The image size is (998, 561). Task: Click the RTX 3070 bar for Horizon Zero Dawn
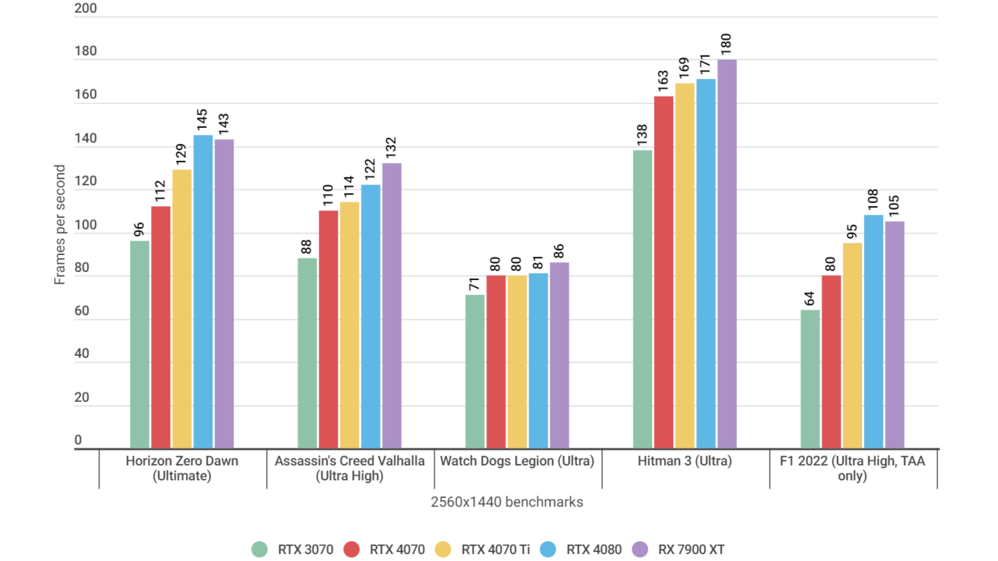point(139,344)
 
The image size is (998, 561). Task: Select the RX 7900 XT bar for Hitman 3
point(726,254)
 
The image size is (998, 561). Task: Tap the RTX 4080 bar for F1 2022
point(873,332)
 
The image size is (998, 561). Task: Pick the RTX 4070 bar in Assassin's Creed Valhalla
point(328,330)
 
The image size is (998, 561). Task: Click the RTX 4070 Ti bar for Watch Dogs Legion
point(517,361)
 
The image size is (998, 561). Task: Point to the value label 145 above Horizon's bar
point(202,120)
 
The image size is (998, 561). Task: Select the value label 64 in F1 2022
point(810,298)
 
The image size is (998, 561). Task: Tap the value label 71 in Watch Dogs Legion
point(475,284)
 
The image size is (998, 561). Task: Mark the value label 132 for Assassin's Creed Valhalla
point(391,148)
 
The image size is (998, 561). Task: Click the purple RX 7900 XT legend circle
point(640,549)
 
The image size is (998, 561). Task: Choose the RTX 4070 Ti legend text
point(496,549)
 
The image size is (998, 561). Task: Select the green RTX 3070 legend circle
point(259,549)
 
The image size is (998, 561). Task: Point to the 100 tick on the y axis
point(86,225)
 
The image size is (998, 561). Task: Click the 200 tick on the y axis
point(86,9)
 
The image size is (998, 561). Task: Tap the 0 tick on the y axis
point(78,440)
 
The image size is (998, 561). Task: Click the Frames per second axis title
point(60,225)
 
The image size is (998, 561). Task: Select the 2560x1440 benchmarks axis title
point(506,502)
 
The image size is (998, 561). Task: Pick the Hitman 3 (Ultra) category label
point(685,461)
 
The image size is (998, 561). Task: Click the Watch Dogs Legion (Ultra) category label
point(517,461)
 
